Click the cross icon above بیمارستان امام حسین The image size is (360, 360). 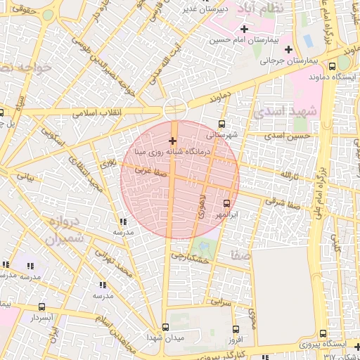click(244, 29)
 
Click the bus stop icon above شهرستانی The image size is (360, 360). click(222, 124)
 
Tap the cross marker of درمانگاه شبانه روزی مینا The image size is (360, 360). click(173, 141)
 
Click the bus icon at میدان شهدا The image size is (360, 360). click(165, 327)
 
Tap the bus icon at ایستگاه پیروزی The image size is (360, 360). click(322, 333)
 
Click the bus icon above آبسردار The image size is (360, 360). click(41, 307)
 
